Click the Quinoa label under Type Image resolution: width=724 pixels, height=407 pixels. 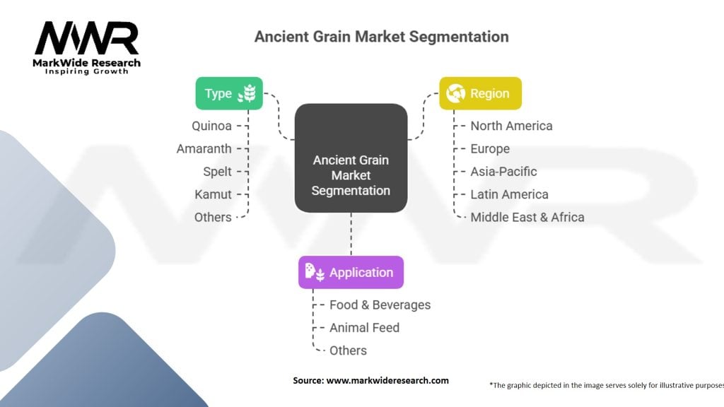(211, 126)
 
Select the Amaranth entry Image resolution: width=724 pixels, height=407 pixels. (204, 148)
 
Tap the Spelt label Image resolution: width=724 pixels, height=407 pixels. (217, 171)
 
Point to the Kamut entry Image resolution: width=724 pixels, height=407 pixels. (213, 194)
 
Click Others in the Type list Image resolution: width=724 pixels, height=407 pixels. (213, 217)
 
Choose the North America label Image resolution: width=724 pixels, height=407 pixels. (511, 126)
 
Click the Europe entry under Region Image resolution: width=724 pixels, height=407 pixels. (490, 148)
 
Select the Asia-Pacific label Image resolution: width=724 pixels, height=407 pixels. (503, 171)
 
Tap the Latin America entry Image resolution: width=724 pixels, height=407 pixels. (509, 194)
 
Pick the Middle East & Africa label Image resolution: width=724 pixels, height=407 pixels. (527, 217)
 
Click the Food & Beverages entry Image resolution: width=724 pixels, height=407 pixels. (380, 305)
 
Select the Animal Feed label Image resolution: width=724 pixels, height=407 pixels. (364, 327)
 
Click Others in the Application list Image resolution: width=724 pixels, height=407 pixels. (348, 350)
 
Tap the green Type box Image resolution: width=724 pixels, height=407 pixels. (229, 93)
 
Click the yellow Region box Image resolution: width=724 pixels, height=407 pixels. (480, 93)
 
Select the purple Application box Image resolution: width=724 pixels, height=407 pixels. (351, 272)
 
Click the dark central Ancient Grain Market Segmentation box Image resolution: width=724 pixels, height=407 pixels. (351, 158)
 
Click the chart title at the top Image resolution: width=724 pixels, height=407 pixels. (381, 36)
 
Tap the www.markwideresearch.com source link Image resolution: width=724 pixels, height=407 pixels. (387, 380)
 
